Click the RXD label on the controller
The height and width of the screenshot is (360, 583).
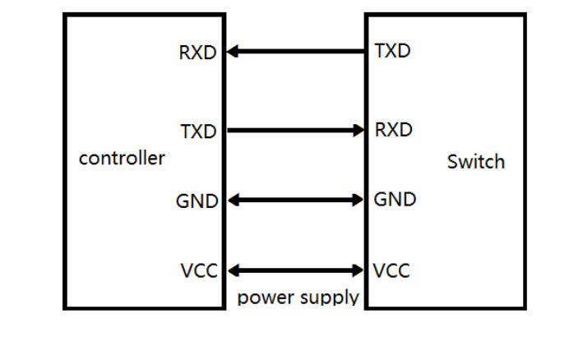click(x=197, y=53)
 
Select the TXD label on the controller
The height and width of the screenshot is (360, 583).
click(x=197, y=132)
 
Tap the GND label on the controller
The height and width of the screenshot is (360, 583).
click(x=197, y=201)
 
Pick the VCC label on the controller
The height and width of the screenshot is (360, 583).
click(x=198, y=271)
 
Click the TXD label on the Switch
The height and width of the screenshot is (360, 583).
click(x=392, y=51)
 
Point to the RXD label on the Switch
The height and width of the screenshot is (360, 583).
click(x=393, y=130)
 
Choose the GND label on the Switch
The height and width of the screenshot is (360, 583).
click(x=395, y=200)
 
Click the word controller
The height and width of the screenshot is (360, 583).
click(x=122, y=158)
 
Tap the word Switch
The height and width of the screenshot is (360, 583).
click(x=475, y=162)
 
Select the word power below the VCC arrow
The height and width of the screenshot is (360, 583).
click(x=264, y=297)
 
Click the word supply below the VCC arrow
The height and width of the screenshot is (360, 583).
click(x=326, y=298)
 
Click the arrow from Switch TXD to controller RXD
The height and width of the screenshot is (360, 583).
click(x=296, y=51)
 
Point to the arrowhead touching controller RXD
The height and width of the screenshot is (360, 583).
click(x=233, y=51)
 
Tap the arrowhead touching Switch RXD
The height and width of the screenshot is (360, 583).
click(x=359, y=130)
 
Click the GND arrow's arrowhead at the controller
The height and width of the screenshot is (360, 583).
click(x=233, y=200)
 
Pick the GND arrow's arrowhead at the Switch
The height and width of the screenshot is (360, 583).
click(x=359, y=200)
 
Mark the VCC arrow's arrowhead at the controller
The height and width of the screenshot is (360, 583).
click(x=233, y=270)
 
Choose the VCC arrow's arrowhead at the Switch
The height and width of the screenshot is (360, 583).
click(x=359, y=270)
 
